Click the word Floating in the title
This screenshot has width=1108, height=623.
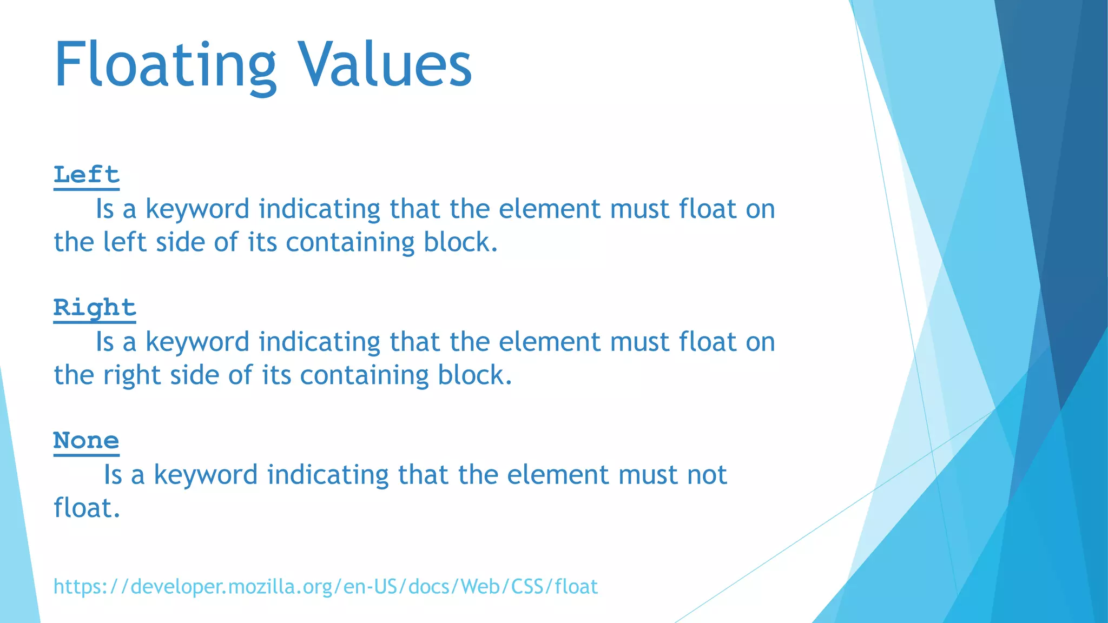(x=165, y=65)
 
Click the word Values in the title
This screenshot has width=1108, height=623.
(x=385, y=65)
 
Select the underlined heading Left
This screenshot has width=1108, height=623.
(x=87, y=175)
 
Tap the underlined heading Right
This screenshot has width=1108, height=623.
(x=95, y=308)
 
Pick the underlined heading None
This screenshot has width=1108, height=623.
(x=87, y=441)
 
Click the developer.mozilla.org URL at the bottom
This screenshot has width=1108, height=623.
(x=326, y=586)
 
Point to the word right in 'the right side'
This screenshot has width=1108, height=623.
(x=131, y=375)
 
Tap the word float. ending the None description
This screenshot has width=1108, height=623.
(x=87, y=508)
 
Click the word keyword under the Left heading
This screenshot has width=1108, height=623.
(x=197, y=209)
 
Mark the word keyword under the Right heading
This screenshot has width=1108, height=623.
(x=197, y=342)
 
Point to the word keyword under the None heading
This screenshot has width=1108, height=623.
(x=206, y=475)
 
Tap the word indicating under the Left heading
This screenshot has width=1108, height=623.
(x=319, y=209)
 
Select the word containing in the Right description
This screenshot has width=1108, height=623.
(x=364, y=375)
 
